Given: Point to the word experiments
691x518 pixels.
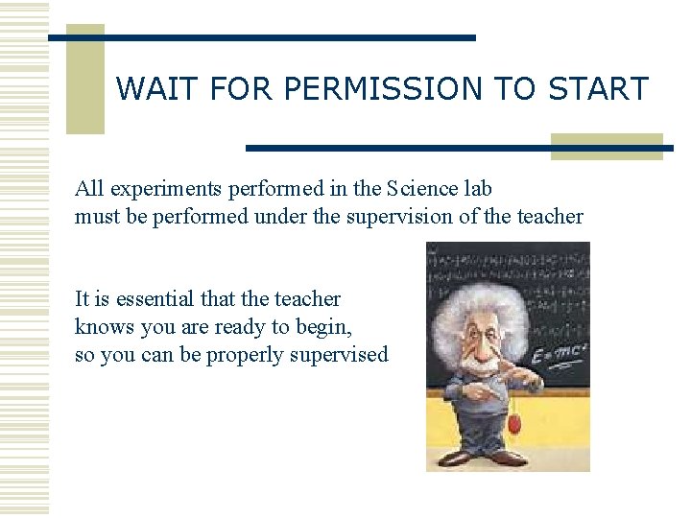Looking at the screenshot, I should click(154, 189).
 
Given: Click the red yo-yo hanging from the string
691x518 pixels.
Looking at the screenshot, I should click(514, 424).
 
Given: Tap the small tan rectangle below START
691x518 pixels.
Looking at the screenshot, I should click(607, 146).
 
